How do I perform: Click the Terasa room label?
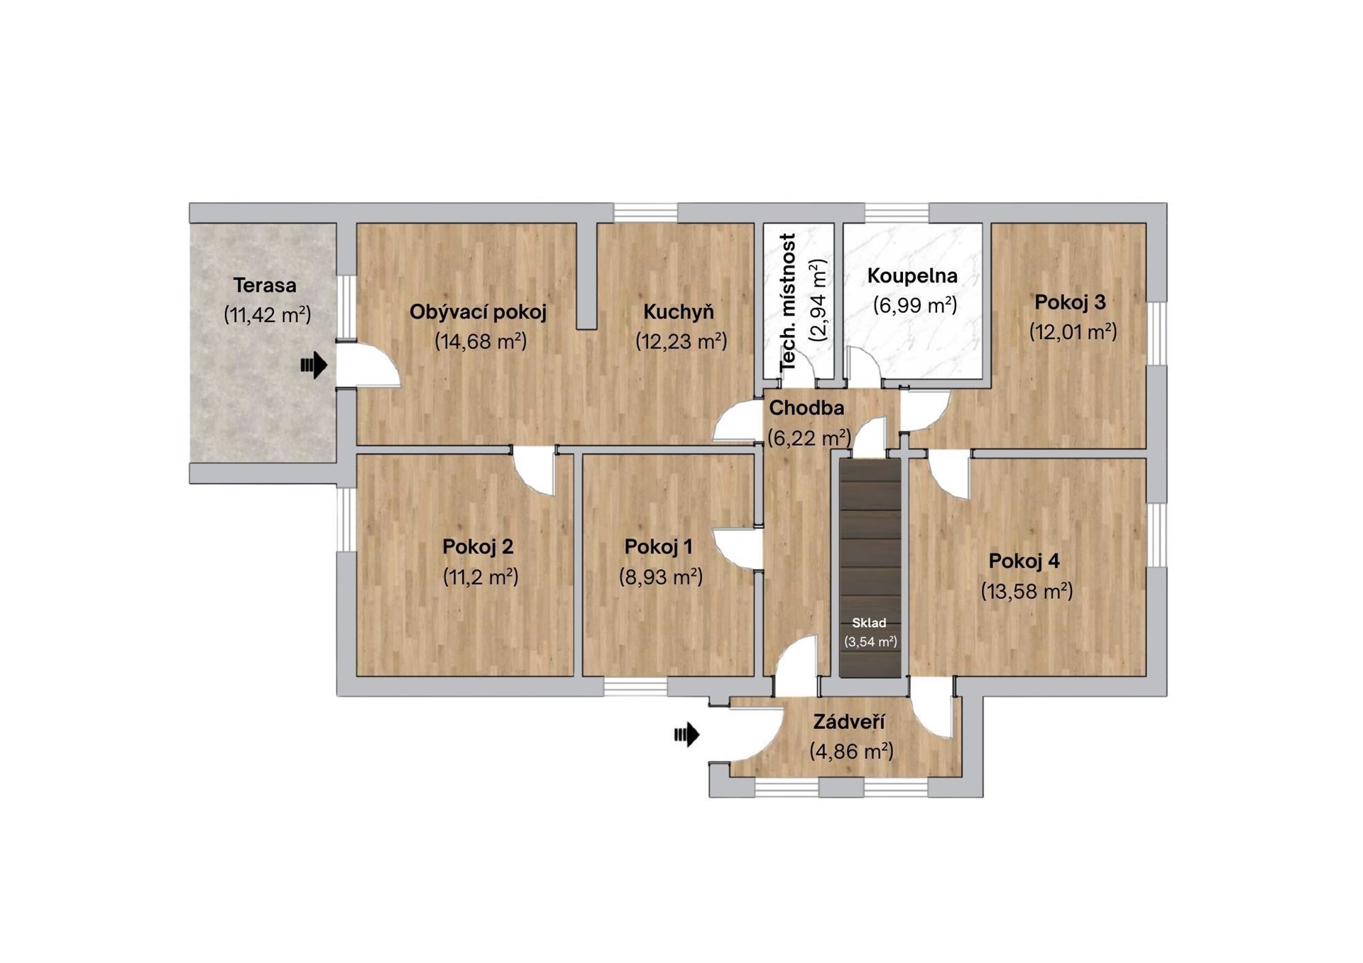[265, 285]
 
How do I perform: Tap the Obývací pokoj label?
[478, 312]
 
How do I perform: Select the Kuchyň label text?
[679, 312]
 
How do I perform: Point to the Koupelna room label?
[912, 275]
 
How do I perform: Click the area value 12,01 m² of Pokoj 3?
[1073, 331]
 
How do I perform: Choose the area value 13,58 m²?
[1027, 590]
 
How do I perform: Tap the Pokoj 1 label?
[658, 546]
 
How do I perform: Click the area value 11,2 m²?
[481, 576]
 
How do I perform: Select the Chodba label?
[806, 408]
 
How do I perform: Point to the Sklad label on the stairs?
[869, 623]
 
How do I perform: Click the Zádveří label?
[849, 722]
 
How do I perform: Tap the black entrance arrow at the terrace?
[314, 365]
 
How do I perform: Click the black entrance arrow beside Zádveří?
[686, 734]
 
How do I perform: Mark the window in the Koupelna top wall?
[897, 213]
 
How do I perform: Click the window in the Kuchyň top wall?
[645, 213]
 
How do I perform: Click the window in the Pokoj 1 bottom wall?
[635, 686]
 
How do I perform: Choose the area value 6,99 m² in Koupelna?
[915, 305]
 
